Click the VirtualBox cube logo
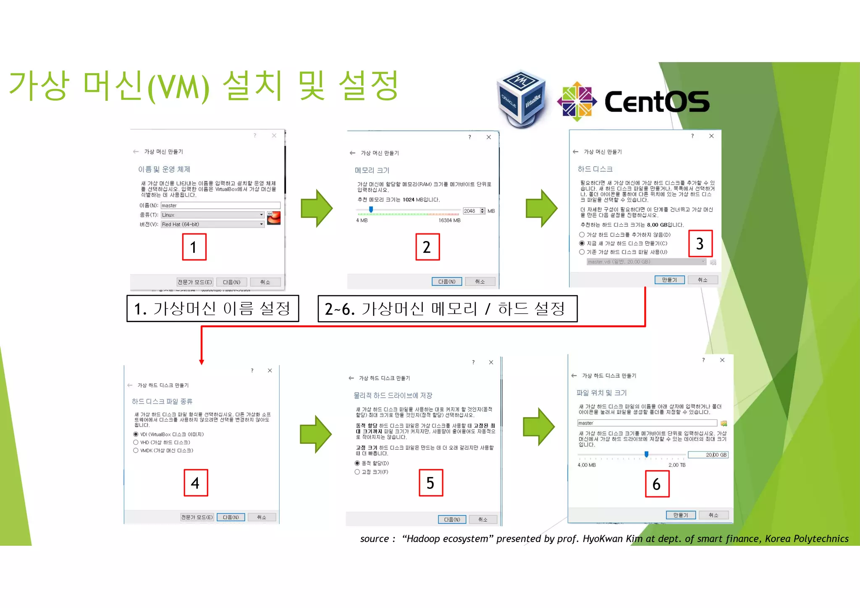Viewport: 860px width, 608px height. click(x=521, y=99)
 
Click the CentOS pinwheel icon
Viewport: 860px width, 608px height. click(x=577, y=101)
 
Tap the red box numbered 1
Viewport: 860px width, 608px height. click(x=194, y=247)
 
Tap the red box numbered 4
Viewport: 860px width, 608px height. click(x=196, y=483)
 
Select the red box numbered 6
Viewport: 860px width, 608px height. click(x=657, y=484)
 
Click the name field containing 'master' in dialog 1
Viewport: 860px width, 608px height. click(x=220, y=205)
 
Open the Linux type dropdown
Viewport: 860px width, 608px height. click(x=212, y=215)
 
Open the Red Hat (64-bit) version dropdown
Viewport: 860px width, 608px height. click(x=212, y=224)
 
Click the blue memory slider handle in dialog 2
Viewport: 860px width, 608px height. click(x=371, y=209)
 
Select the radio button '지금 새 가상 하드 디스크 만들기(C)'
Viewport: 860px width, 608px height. click(x=582, y=244)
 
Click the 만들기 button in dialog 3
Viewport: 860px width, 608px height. click(x=669, y=280)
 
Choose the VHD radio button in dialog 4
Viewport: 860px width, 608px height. click(x=136, y=443)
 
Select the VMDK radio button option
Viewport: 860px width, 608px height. click(x=136, y=451)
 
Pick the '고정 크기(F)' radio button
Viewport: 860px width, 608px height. click(x=357, y=472)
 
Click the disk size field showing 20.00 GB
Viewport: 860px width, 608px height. click(x=708, y=455)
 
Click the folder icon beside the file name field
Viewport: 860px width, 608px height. click(x=724, y=423)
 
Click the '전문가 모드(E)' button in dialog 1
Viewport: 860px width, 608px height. click(x=195, y=282)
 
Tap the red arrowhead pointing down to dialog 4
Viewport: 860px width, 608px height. click(x=202, y=362)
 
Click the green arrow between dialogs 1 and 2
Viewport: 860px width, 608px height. click(x=317, y=208)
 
